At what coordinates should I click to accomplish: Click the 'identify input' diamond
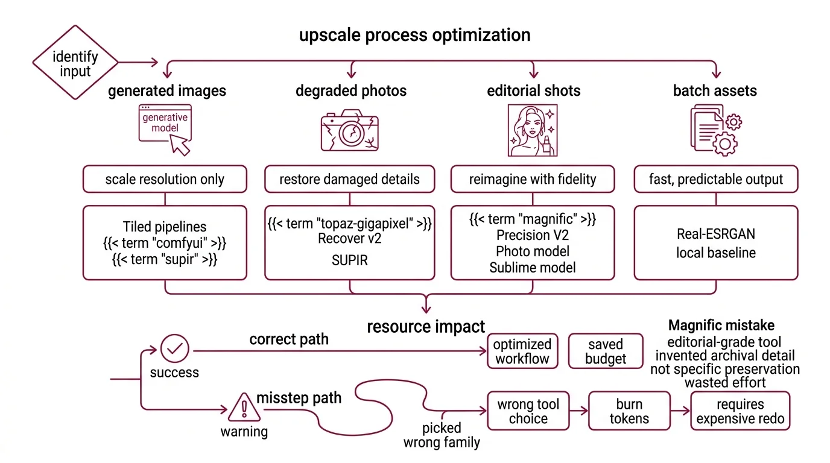coord(75,63)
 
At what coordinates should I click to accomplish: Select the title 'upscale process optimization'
coord(414,35)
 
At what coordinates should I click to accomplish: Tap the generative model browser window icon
coord(165,128)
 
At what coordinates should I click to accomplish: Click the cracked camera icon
coord(349,130)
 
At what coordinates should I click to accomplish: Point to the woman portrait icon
coord(532,130)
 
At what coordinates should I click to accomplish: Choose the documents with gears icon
coord(715,130)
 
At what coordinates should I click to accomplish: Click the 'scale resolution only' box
coord(165,179)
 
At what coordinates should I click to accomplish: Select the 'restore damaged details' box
coord(349,179)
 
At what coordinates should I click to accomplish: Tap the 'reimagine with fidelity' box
coord(533,179)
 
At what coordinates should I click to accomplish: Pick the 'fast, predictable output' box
coord(716,179)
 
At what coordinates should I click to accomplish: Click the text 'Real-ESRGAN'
coord(715,235)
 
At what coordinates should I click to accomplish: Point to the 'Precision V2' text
coord(532,235)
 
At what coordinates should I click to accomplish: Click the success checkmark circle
coord(175,348)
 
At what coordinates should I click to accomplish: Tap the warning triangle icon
coord(244,408)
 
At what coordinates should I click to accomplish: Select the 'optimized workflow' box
coord(522,351)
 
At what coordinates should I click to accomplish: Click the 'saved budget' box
coord(605,351)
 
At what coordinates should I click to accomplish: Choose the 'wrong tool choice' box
coord(528,411)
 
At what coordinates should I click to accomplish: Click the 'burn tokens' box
coord(629,411)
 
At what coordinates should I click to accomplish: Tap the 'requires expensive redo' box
coord(740,411)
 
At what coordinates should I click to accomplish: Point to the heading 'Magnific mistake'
coord(721,326)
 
